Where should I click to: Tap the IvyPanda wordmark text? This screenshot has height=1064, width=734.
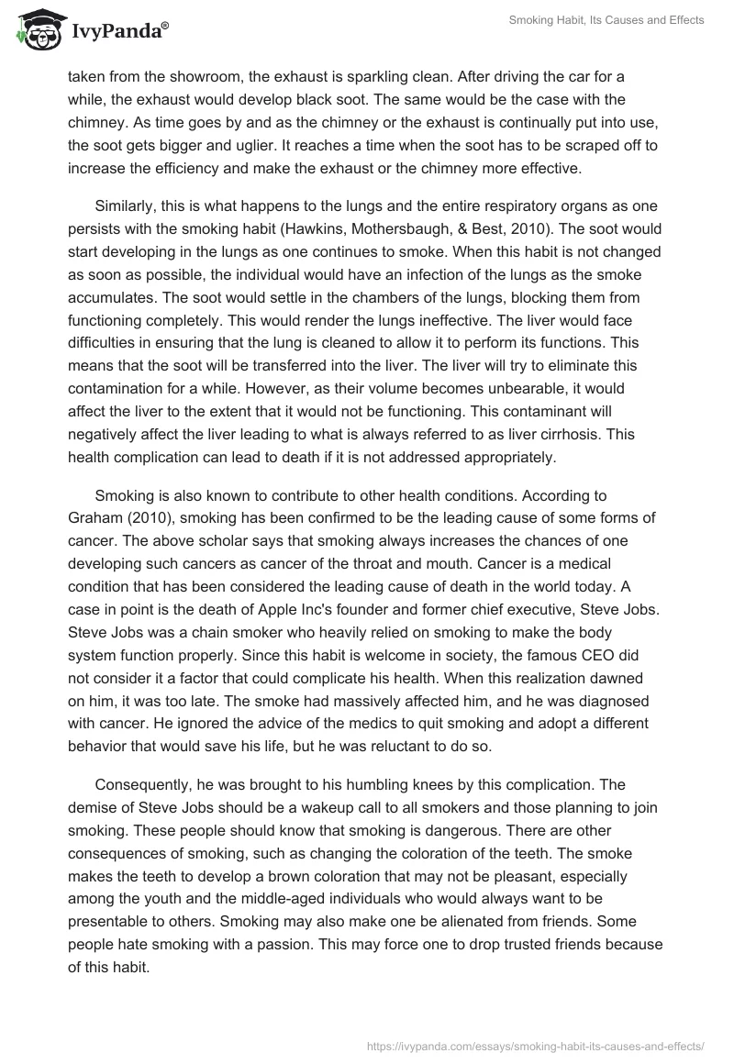(119, 32)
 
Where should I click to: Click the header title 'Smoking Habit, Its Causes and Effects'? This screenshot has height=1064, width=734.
(606, 20)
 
